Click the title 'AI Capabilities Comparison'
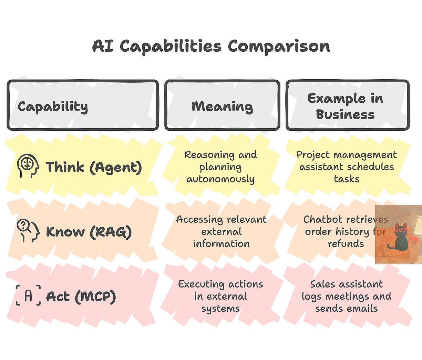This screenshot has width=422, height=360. pyautogui.click(x=211, y=47)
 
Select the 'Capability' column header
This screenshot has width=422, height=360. pyautogui.click(x=53, y=107)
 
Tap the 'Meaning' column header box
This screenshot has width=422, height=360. pyautogui.click(x=222, y=106)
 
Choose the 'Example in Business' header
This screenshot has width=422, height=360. pyautogui.click(x=346, y=106)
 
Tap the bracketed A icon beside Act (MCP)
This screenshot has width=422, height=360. pyautogui.click(x=28, y=296)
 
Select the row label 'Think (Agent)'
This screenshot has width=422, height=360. pyautogui.click(x=94, y=167)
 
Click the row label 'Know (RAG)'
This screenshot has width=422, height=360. pyautogui.click(x=89, y=232)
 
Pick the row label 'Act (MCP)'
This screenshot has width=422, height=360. pyautogui.click(x=81, y=297)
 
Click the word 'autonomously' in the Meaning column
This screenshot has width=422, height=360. pyautogui.click(x=220, y=179)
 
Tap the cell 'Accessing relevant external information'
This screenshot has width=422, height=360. pyautogui.click(x=221, y=231)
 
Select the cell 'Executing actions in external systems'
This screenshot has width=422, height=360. pyautogui.click(x=220, y=296)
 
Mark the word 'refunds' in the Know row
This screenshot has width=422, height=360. pyautogui.click(x=346, y=244)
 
